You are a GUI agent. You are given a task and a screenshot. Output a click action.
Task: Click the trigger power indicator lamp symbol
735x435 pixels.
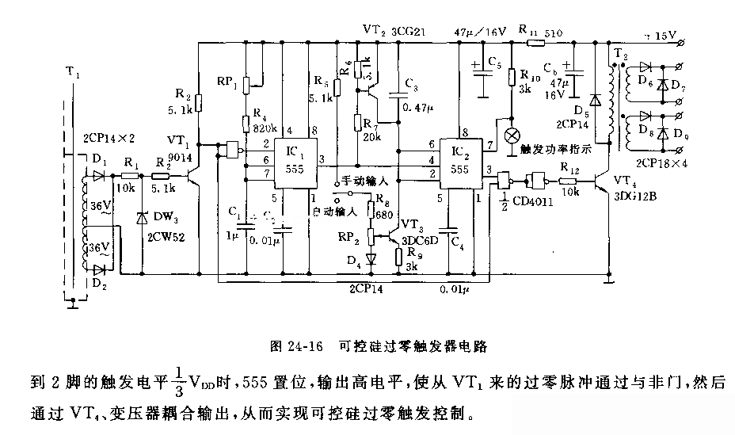[x=512, y=135]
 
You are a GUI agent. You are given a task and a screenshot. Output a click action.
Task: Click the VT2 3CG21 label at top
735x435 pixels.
[x=388, y=29]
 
